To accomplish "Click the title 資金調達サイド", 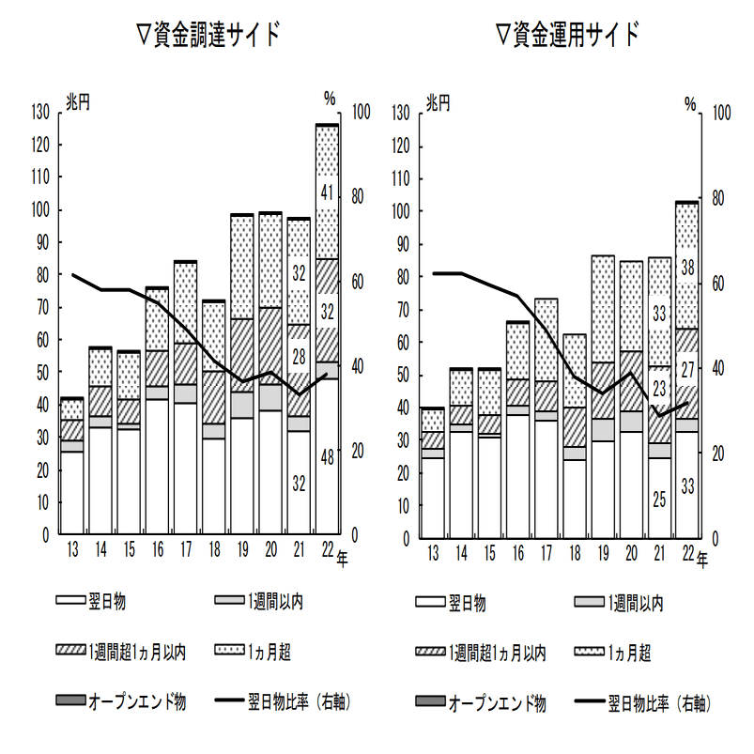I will point(208,36).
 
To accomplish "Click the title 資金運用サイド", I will point(568,36).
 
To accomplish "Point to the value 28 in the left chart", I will point(300,357).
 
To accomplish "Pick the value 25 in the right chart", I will point(660,500).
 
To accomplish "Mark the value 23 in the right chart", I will point(660,388).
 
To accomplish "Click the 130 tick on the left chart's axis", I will point(39,112).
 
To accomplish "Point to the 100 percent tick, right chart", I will point(722,113).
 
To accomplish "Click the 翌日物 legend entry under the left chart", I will point(106,602).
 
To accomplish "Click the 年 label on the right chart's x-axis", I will point(702,561).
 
